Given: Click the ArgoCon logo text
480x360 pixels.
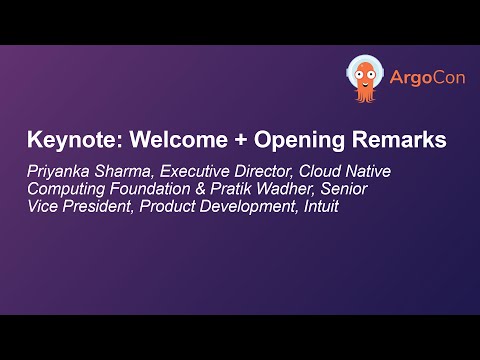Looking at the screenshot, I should (414, 78).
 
